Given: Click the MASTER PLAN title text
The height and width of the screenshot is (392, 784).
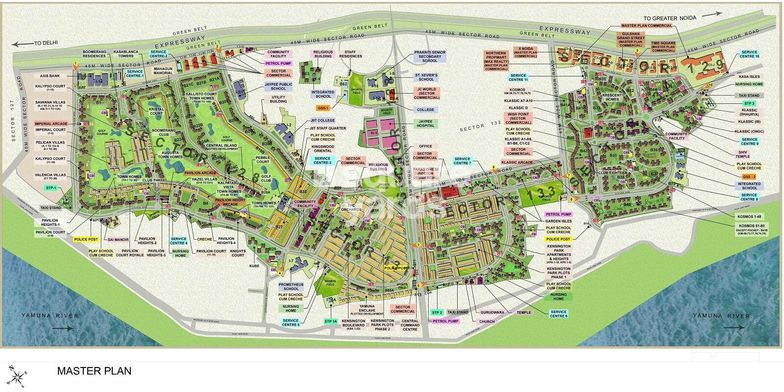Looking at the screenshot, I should (x=94, y=371).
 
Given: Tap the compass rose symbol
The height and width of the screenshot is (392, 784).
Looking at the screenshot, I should (x=16, y=376).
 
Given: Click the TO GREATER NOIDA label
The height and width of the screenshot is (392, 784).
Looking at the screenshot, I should (x=669, y=18).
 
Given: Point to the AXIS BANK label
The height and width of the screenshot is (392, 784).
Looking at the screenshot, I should (x=50, y=76).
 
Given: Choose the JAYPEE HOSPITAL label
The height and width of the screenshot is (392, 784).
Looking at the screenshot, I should (x=425, y=123).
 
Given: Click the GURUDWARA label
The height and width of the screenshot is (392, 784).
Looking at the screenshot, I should (x=491, y=312).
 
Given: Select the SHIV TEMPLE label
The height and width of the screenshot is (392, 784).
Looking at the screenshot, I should (x=743, y=154).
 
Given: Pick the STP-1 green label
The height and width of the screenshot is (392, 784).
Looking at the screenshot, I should (x=51, y=188).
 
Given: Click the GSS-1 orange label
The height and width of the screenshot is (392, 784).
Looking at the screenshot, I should (x=323, y=108).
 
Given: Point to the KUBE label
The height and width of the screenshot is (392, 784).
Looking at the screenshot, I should (x=254, y=266).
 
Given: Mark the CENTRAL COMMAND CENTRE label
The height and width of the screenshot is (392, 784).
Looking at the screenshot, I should (x=410, y=325).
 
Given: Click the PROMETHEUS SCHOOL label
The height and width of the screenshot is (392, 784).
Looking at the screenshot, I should (x=291, y=287).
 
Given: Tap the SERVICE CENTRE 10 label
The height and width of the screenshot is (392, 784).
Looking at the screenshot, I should (x=749, y=54).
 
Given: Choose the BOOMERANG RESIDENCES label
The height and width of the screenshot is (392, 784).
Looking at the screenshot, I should (x=94, y=53).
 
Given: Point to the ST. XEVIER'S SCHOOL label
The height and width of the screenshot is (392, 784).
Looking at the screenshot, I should (x=426, y=77).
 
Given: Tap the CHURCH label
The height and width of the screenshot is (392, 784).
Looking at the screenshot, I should (x=487, y=321).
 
